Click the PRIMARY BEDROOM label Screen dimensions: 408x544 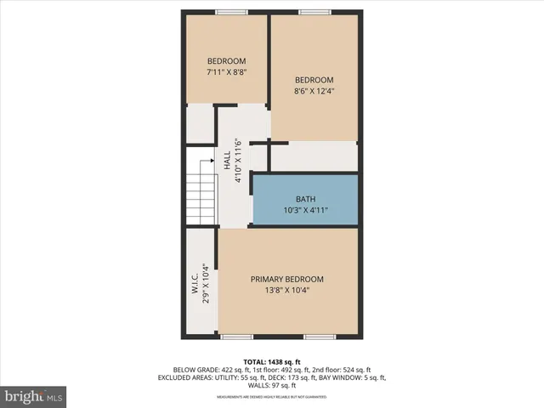pos(286,279)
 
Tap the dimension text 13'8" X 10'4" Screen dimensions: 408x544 pos(286,290)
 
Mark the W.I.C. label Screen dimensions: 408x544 pos(195,281)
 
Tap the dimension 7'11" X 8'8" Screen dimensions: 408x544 pos(226,73)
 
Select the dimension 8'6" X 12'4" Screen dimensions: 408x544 pos(314,92)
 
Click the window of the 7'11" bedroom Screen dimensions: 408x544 pos(230,12)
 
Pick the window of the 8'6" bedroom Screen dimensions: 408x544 pos(314,12)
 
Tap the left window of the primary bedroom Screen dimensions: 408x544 pos(231,337)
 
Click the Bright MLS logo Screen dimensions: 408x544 pos(34,396)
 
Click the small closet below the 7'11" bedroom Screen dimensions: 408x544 pos(201,124)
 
